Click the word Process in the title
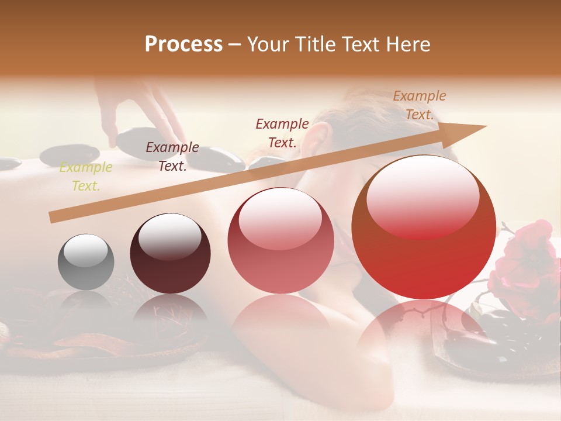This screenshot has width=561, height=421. coord(183,44)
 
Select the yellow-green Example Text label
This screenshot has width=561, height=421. coord(86,177)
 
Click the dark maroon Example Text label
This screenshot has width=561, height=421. coord(172,156)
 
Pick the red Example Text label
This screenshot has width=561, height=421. coord(282,133)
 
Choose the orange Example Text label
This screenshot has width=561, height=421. coord(419,105)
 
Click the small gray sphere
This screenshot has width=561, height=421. coord(86,262)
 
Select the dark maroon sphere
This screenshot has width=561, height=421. coord(170,254)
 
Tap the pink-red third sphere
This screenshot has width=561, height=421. coord(280,240)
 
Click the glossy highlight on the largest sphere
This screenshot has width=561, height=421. coord(423,196)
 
